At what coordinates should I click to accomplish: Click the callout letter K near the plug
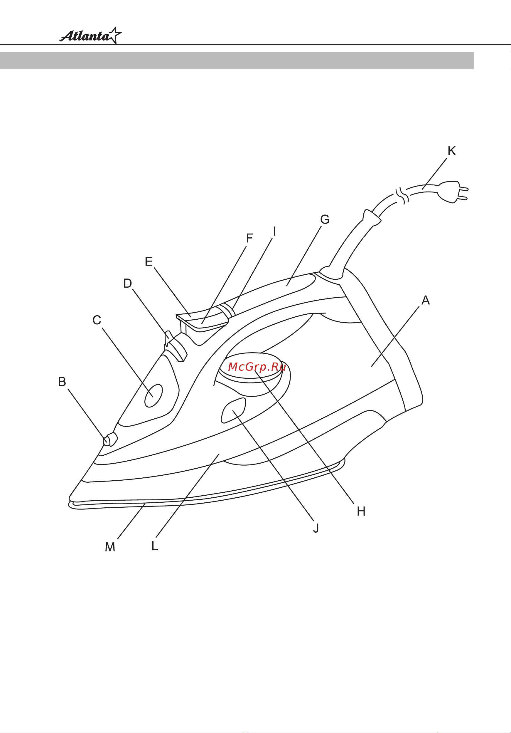(452, 151)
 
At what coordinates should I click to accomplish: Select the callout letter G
(325, 219)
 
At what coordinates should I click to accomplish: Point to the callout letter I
(275, 232)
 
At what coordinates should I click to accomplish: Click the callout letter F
(249, 238)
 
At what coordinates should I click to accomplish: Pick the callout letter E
(149, 261)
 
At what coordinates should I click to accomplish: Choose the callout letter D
(128, 283)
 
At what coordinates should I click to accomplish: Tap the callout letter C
(97, 320)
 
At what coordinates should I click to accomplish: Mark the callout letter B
(62, 382)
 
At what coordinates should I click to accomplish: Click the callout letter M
(110, 547)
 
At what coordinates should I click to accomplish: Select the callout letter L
(155, 546)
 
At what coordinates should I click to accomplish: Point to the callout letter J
(316, 528)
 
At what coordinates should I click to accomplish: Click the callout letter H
(361, 511)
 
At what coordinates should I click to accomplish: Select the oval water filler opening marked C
(154, 396)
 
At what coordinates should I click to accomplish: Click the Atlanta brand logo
(91, 35)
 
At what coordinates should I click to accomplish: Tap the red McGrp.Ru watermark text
(257, 367)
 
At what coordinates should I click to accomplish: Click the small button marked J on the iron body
(234, 410)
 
